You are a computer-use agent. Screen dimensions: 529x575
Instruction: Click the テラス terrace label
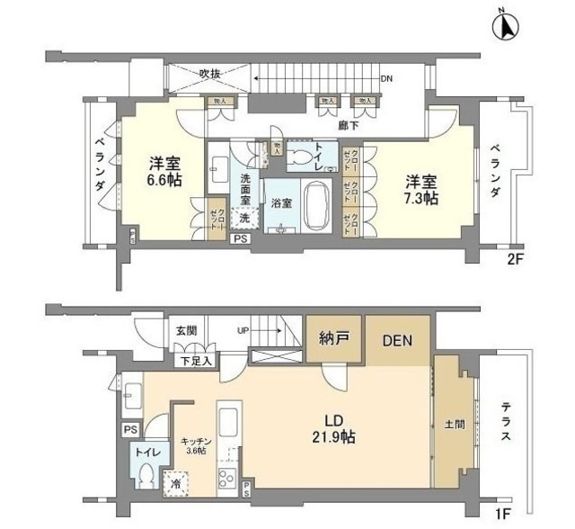(505, 423)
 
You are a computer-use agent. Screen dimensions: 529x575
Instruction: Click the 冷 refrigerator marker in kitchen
(175, 483)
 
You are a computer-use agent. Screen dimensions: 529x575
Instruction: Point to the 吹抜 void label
(210, 73)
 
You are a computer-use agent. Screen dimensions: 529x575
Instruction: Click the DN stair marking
(386, 79)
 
